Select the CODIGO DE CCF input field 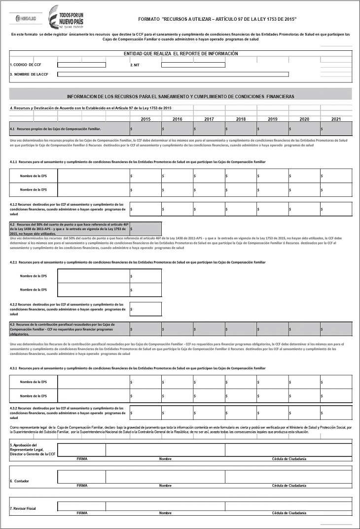[x=81, y=65]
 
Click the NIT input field [x=193, y=65]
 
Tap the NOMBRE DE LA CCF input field [x=173, y=75]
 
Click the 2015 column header [x=145, y=119]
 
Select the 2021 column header [x=336, y=119]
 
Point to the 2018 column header [x=241, y=119]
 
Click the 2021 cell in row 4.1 [x=336, y=129]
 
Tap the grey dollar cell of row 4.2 [x=145, y=228]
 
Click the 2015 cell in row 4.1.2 [x=145, y=209]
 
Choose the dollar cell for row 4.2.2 [x=145, y=309]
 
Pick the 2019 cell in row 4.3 [x=272, y=329]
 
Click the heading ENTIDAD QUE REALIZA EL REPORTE [x=180, y=53]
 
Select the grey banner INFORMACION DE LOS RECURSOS [x=180, y=96]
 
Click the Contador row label [x=20, y=481]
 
